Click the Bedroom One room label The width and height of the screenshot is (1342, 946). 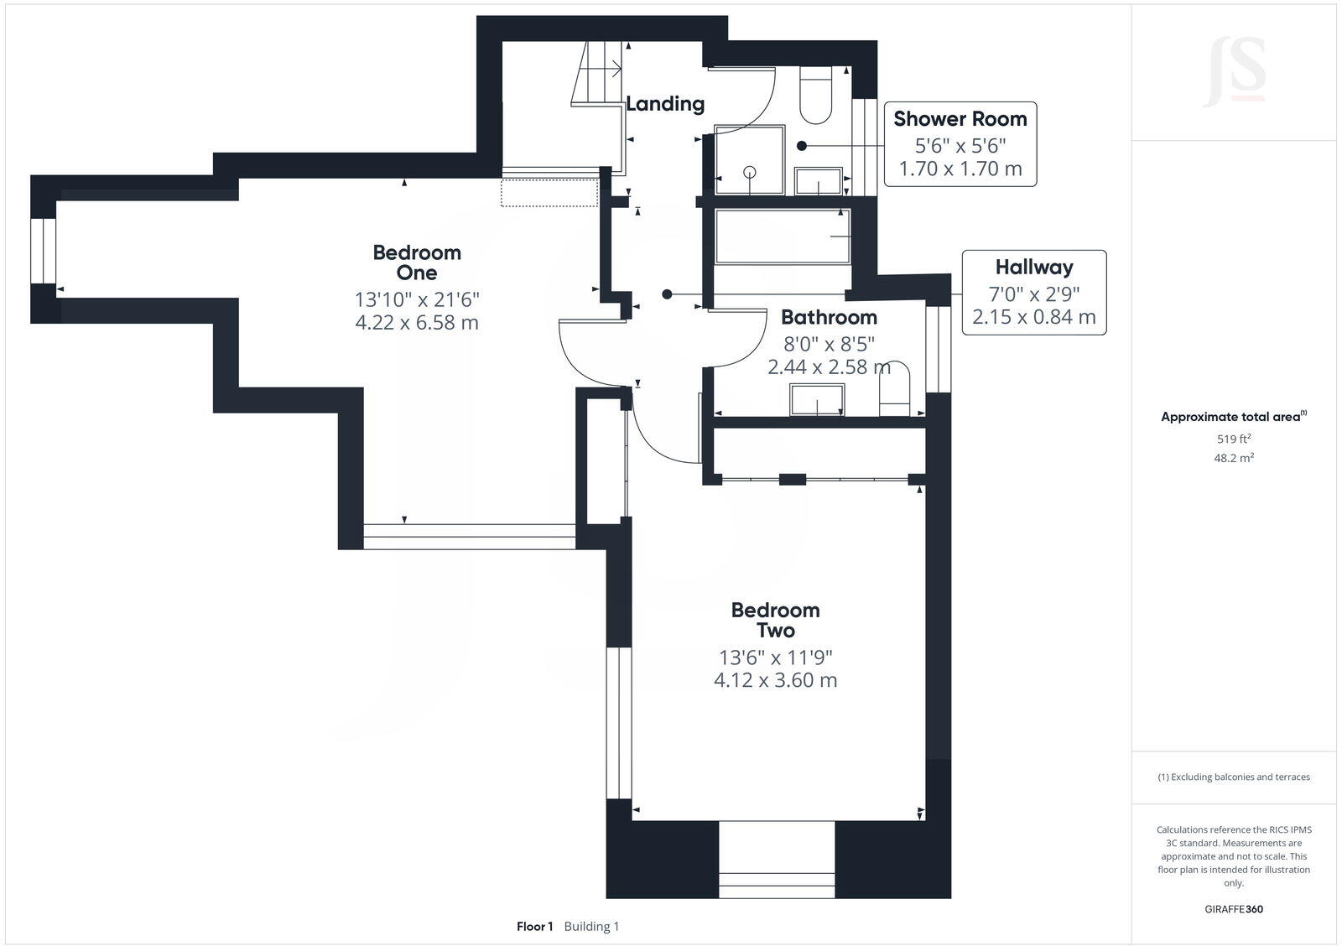click(417, 262)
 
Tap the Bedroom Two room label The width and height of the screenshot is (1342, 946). click(775, 621)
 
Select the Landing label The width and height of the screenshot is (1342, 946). click(665, 104)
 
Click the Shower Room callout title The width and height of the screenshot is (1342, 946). click(960, 119)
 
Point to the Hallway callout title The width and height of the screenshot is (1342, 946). click(1033, 268)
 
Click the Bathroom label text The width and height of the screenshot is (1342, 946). click(829, 318)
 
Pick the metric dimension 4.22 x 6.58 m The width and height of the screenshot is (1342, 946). click(417, 323)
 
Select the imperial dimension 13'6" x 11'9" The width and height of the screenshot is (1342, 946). click(775, 658)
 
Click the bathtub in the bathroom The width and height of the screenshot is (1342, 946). click(782, 237)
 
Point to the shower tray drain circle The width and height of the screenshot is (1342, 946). click(750, 172)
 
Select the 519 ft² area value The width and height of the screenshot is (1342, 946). click(1234, 439)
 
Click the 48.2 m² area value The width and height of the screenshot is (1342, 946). click(1234, 458)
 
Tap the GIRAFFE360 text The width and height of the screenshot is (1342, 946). click(1234, 909)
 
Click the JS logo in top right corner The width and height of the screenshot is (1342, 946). click(1234, 71)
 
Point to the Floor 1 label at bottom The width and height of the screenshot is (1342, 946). click(534, 927)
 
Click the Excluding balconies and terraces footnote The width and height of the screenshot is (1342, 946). click(1234, 777)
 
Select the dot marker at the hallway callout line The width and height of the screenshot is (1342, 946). click(667, 294)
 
